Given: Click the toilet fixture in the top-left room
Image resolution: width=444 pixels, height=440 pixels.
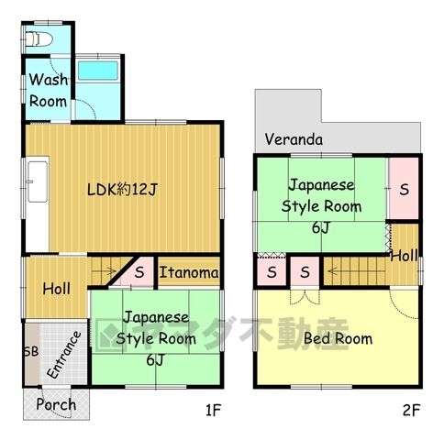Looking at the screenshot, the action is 39,39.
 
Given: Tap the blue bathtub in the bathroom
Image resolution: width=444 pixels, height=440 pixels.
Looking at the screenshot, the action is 98,71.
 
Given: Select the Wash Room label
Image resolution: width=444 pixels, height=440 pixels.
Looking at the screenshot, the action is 48,91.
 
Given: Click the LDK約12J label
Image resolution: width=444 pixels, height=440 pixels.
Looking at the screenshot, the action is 122,190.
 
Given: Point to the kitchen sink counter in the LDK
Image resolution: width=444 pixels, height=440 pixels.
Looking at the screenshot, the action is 38,181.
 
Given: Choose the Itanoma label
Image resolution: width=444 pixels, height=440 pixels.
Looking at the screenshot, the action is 189,272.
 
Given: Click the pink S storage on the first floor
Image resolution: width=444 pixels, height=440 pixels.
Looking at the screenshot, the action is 139,272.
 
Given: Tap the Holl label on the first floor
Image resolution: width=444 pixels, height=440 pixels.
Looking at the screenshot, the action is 57,289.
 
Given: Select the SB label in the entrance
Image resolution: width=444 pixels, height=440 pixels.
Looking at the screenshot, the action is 31,352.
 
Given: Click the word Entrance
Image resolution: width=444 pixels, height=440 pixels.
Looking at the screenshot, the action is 64,355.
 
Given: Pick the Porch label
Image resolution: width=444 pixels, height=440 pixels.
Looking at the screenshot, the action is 56,404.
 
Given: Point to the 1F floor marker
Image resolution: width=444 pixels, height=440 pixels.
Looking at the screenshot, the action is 213,410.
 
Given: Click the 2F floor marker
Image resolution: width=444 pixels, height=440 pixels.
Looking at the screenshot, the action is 411,410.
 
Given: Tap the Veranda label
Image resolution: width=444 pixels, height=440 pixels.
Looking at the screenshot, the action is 294,139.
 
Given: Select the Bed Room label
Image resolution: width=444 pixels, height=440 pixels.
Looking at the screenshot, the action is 338,338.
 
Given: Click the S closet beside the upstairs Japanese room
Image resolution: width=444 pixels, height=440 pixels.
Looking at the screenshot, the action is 405,190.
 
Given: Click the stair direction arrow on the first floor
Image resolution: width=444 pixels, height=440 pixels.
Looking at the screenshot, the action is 104,270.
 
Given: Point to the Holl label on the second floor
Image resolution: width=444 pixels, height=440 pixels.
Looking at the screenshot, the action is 405,256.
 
